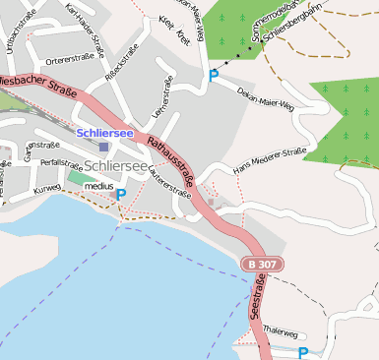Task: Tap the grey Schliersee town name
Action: click(115, 166)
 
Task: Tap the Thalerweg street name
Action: click(281, 332)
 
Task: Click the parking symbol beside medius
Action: click(121, 195)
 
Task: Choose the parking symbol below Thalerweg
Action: click(303, 352)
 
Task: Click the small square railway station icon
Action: click(103, 147)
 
